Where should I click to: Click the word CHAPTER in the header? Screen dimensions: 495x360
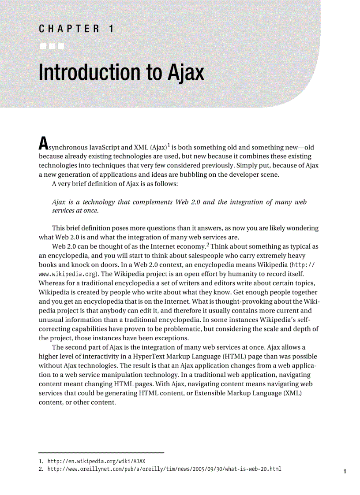68,30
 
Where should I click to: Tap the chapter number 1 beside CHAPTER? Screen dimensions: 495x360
111,30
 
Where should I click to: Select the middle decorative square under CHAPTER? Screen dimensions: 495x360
52,46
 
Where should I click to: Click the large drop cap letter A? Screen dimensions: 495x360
43,144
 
